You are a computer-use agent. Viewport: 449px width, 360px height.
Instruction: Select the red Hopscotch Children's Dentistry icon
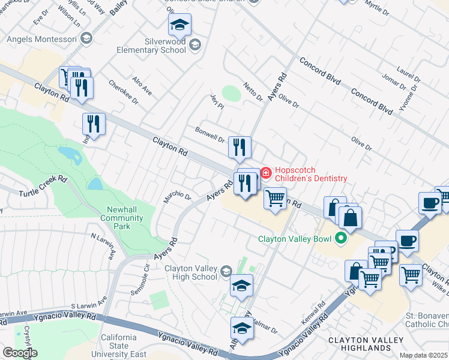265,173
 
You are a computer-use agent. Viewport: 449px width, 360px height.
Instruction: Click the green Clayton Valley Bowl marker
341,238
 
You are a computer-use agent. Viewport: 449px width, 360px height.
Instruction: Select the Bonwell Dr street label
209,134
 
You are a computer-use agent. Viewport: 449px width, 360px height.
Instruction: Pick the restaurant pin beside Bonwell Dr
239,146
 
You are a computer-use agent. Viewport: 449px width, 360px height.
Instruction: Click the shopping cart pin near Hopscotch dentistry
275,197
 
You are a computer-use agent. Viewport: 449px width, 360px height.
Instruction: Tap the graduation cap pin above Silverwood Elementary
179,25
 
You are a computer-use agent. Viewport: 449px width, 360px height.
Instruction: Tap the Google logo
20,353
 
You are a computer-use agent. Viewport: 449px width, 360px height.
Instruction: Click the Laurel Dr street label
408,76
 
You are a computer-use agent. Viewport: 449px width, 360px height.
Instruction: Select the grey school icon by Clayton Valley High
226,272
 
